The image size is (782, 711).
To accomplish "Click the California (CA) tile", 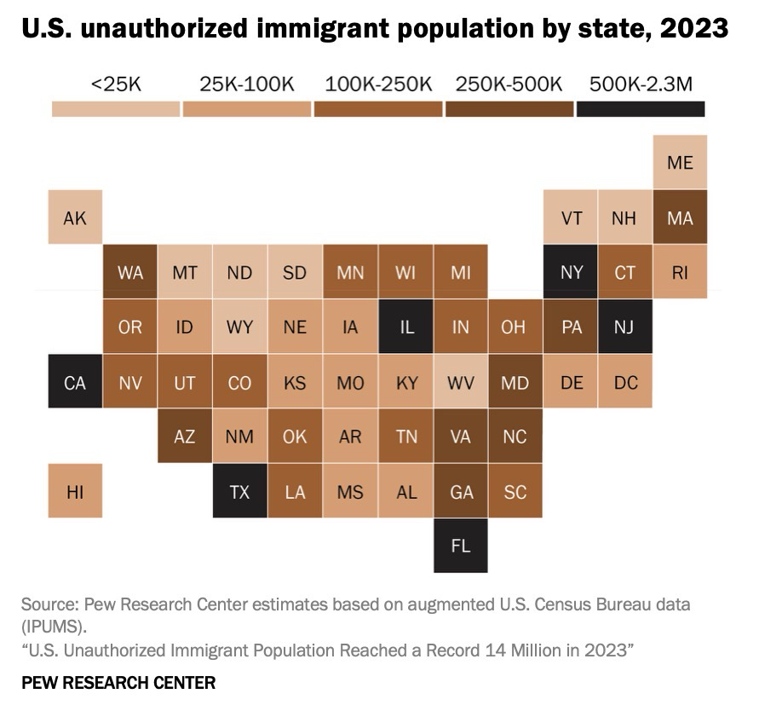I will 75,382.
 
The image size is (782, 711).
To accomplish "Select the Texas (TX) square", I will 239,491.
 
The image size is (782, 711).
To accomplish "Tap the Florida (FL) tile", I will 460,546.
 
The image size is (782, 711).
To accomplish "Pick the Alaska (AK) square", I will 75,217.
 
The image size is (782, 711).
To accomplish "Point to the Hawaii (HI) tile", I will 75,491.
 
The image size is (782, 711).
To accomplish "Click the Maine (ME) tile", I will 680,162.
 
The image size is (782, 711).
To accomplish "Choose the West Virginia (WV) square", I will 460,382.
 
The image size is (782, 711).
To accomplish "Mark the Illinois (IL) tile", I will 405,327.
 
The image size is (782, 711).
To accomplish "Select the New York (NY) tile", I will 571,272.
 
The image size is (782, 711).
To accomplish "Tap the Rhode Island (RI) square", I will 680,272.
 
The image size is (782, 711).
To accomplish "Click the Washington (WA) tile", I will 129,272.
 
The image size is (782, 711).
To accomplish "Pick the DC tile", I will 625,382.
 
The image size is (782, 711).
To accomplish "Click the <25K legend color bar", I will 116,109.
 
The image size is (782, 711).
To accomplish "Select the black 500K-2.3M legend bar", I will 641,109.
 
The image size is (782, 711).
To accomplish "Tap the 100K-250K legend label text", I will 378,84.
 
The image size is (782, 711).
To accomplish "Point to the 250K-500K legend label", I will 509,84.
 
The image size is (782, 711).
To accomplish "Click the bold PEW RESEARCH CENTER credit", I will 118,682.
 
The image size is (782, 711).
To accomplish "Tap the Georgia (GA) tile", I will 460,491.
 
